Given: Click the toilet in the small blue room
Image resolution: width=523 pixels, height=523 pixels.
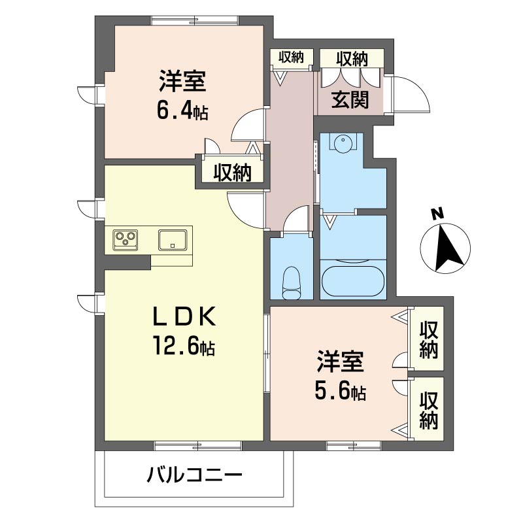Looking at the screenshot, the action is [x=291, y=282].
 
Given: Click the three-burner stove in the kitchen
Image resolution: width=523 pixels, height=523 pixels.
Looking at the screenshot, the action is [x=126, y=239].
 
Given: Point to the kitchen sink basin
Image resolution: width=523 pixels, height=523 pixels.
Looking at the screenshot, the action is [x=173, y=239].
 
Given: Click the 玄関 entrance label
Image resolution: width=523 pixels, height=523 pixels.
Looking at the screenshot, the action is [x=350, y=99].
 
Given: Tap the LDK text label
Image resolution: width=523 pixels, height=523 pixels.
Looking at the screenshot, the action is [x=184, y=316].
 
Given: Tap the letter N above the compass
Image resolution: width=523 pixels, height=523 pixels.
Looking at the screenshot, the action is [x=437, y=214].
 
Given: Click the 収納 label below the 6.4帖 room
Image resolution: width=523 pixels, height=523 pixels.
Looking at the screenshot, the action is [x=232, y=173].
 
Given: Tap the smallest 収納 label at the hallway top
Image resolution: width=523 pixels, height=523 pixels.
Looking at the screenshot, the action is [x=291, y=58].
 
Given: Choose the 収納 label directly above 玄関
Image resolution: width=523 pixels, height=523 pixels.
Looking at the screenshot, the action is [x=352, y=59].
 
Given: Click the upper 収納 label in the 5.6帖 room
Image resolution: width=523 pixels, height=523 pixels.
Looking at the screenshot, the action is [x=429, y=339].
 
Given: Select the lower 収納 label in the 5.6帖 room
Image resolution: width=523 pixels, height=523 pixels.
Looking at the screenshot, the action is [x=429, y=411].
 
